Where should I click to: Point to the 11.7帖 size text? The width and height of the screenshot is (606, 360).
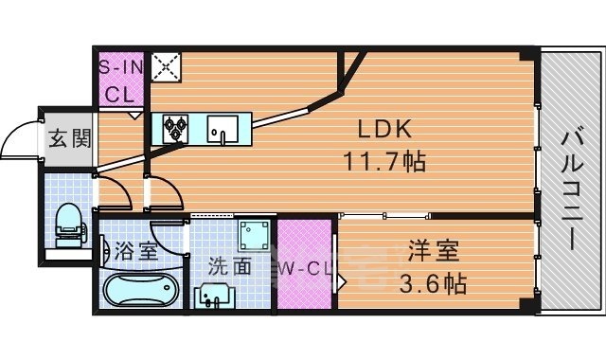[x=384, y=162]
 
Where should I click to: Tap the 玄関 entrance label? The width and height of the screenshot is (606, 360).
[x=68, y=140]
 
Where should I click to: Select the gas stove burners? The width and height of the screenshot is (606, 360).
[x=177, y=128]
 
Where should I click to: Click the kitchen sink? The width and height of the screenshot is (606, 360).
[x=224, y=126]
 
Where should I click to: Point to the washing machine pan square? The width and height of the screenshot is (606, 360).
[x=253, y=236]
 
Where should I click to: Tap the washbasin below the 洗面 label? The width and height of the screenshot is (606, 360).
[x=216, y=297]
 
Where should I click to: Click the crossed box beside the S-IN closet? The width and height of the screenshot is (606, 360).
[x=166, y=65]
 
